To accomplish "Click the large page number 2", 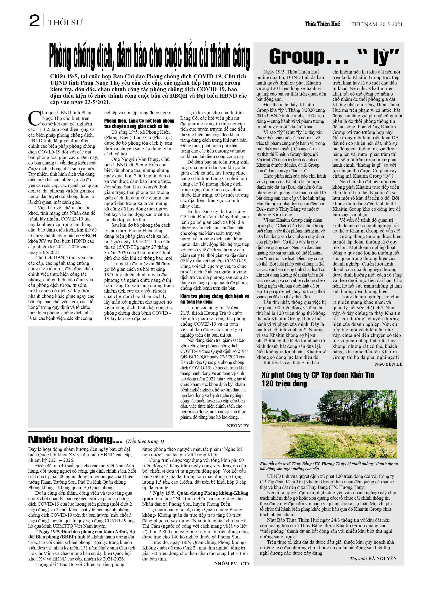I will pyautogui.click(x=34, y=21).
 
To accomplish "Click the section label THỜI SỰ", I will pyautogui.click(x=66, y=23).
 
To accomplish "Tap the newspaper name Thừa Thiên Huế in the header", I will pyautogui.click(x=322, y=24).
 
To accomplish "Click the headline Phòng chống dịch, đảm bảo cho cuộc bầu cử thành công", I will pyautogui.click(x=150, y=58).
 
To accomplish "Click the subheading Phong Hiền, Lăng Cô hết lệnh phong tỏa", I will pyautogui.click(x=139, y=123).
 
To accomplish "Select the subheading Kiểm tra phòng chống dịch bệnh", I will pyautogui.click(x=215, y=299).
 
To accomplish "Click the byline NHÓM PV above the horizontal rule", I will pyautogui.click(x=238, y=426).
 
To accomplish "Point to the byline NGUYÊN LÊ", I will pyautogui.click(x=388, y=364).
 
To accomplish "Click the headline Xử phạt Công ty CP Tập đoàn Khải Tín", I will pyautogui.click(x=318, y=379).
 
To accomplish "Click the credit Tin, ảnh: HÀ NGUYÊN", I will pyautogui.click(x=373, y=558).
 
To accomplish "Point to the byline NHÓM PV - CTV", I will pyautogui.click(x=232, y=561).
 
